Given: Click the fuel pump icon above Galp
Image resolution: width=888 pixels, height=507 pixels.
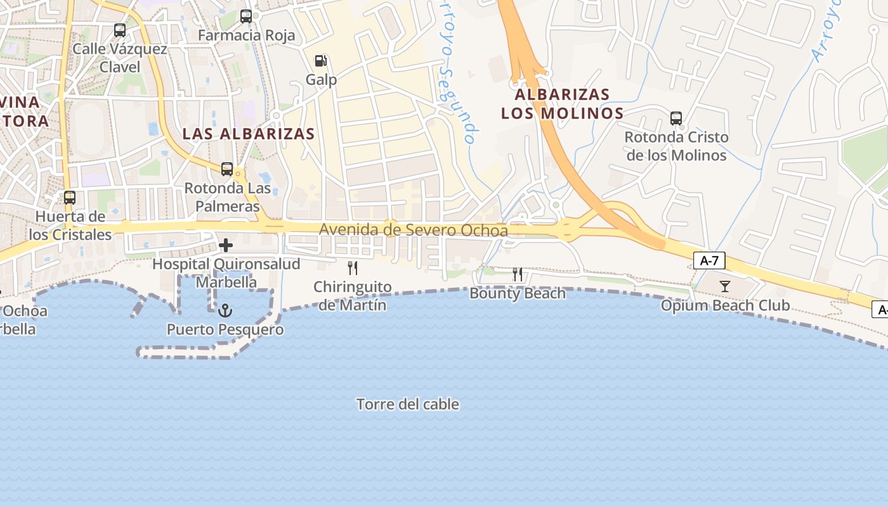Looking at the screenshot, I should [x=321, y=61].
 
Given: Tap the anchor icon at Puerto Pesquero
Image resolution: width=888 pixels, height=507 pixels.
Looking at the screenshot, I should [x=225, y=311].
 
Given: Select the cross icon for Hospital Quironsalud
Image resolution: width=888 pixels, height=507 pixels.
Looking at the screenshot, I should [x=226, y=245].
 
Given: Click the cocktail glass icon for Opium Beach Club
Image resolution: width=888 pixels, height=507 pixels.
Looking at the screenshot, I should [x=725, y=286].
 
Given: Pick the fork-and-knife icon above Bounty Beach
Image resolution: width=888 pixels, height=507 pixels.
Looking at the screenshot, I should [x=518, y=274].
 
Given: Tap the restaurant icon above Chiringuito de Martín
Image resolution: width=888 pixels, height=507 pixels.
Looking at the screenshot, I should [x=353, y=268].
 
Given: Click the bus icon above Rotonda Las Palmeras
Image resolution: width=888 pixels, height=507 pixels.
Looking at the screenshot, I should [x=227, y=169].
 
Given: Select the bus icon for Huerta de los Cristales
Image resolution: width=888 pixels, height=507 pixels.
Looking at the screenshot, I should [x=70, y=198].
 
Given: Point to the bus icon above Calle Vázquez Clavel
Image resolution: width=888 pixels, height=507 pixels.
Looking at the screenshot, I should [x=119, y=30].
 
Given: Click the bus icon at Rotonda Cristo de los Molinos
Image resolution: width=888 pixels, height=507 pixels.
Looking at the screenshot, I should [x=676, y=118].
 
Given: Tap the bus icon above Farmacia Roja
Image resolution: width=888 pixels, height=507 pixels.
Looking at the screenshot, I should [x=246, y=16].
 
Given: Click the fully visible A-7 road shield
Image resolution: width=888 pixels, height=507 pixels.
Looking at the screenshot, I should [x=709, y=260].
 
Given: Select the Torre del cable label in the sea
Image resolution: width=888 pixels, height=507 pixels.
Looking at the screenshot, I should [x=408, y=404].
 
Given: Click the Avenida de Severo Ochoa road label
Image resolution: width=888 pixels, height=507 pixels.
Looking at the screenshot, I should [x=414, y=230].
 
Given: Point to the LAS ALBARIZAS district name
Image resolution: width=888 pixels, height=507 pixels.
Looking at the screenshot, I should [x=249, y=134].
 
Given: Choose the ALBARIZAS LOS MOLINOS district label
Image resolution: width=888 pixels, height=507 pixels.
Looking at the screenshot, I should [x=562, y=104].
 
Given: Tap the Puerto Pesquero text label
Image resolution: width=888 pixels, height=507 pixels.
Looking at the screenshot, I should [x=225, y=330].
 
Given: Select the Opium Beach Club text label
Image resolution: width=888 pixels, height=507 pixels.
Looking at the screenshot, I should [x=725, y=305].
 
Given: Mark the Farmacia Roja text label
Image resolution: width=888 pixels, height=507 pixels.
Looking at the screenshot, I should [x=247, y=35].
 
